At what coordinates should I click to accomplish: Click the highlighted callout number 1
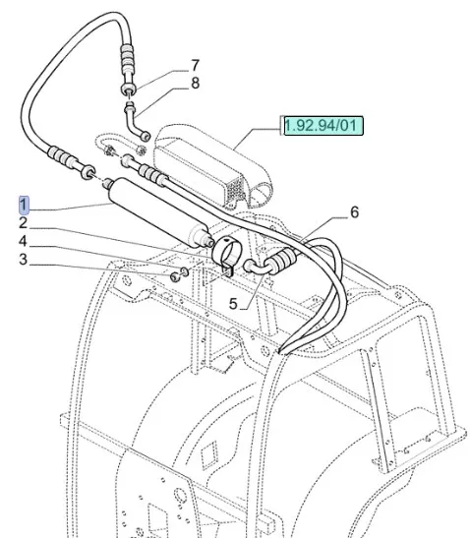pos(24,205)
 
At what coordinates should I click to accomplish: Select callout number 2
pos(23,222)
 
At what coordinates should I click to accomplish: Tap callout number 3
pos(23,259)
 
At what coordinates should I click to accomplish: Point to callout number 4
pos(23,241)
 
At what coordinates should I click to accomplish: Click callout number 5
pos(233,304)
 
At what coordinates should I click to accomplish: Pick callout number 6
pos(354,212)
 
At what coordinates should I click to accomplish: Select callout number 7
pos(195,65)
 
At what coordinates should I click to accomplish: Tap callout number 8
pos(195,83)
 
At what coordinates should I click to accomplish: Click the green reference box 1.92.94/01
pos(322,125)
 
